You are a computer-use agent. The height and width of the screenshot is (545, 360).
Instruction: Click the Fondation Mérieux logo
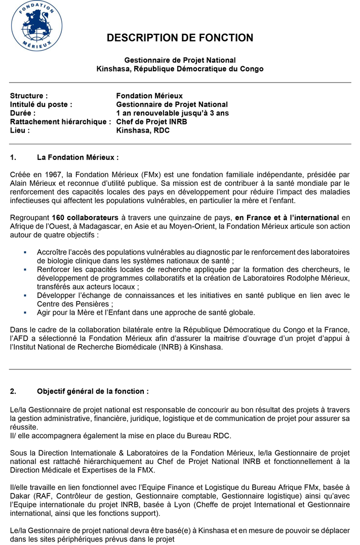coord(36,26)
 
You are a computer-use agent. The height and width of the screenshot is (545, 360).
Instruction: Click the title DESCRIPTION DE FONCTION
coord(180,38)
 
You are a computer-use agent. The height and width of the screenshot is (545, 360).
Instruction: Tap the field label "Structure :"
coord(29,96)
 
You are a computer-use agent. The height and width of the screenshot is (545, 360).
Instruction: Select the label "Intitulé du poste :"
coord(41,104)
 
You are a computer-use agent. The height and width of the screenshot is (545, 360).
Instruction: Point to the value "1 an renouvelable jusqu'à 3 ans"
coord(172,113)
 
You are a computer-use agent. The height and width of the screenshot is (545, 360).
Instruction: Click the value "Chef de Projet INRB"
coord(150,121)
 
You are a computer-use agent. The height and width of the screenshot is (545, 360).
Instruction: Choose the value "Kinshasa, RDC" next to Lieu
coord(143,130)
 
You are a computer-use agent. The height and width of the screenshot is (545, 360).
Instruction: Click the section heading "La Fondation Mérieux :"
coord(77,157)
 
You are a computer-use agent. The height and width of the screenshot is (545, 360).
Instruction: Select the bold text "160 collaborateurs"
coord(85,218)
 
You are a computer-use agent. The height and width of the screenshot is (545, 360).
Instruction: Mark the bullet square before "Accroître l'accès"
coord(25,251)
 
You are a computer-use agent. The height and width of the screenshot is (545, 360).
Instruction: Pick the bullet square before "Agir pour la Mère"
coord(25,312)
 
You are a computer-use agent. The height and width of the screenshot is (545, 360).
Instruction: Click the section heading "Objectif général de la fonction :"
coord(93,391)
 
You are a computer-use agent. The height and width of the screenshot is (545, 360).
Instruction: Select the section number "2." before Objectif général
coord(14,391)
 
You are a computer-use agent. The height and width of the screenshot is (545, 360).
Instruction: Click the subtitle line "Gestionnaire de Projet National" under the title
coord(180,60)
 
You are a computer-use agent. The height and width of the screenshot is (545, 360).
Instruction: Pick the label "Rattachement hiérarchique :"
coord(61,121)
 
